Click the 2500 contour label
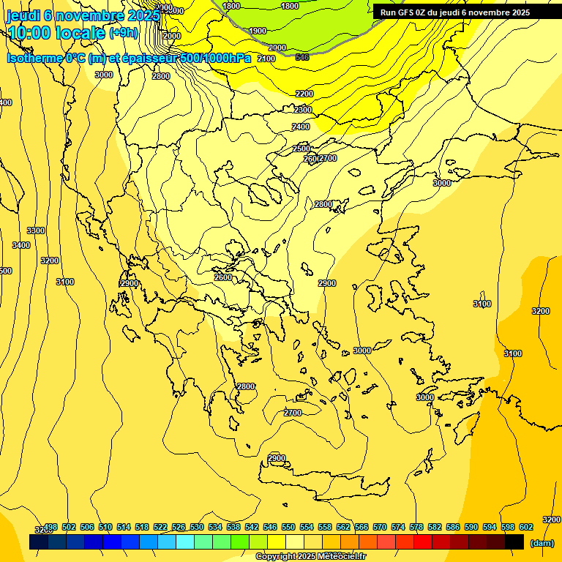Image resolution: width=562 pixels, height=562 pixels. [301, 149]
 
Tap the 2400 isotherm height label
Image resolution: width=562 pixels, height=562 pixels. [301, 127]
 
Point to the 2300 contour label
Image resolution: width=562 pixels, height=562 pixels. [303, 110]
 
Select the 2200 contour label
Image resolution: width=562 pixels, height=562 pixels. [304, 94]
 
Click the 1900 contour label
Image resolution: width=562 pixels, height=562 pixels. [258, 31]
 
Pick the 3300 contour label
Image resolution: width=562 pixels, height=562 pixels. [36, 231]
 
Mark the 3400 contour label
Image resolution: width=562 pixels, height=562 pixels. [21, 245]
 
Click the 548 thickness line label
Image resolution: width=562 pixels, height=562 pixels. [301, 56]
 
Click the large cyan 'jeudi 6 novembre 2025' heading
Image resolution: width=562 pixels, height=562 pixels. [82, 15]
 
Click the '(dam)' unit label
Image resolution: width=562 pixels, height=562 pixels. [542, 543]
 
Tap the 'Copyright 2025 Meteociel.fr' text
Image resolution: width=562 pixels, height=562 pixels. [310, 557]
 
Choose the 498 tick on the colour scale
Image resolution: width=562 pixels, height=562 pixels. [50, 527]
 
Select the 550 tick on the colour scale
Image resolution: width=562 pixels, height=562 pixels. [288, 527]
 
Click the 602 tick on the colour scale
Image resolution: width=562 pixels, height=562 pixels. [525, 527]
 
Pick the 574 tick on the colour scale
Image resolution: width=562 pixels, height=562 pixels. [398, 527]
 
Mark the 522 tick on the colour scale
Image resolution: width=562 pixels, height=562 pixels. [160, 527]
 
